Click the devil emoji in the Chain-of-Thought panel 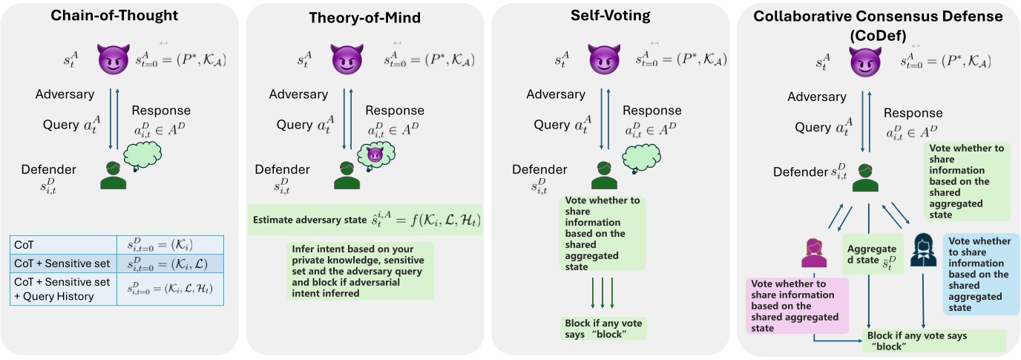point(114,59)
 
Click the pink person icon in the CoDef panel point(813,252)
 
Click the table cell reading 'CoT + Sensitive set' point(63,264)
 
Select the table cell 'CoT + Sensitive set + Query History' point(63,289)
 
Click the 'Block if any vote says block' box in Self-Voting point(604,328)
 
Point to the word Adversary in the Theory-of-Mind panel point(298,94)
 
